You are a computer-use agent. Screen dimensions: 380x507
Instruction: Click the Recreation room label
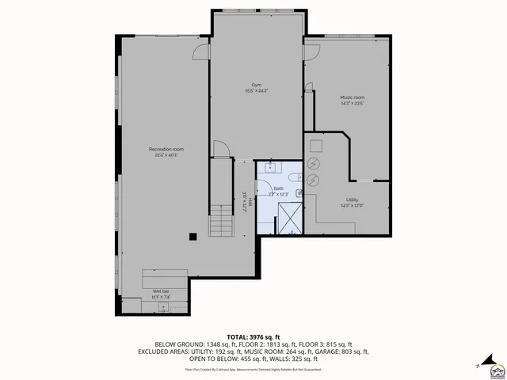tap(166, 150)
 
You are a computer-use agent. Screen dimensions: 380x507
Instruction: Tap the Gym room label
tap(256, 85)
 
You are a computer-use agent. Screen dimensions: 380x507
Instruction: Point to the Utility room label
tap(352, 201)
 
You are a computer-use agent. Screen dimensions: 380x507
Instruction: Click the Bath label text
tap(278, 188)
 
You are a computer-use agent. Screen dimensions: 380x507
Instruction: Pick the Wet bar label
tap(162, 292)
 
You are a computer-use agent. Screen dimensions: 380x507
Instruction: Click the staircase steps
tap(222, 226)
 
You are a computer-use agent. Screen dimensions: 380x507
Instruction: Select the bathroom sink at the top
tap(270, 166)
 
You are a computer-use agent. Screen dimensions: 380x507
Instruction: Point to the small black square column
tap(192, 235)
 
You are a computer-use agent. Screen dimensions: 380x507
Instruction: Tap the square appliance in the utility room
tap(316, 145)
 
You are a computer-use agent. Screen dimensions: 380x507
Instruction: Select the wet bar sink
tap(165, 306)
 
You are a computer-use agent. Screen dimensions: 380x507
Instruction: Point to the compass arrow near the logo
tap(478, 366)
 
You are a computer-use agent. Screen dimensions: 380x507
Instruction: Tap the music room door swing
tap(311, 52)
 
